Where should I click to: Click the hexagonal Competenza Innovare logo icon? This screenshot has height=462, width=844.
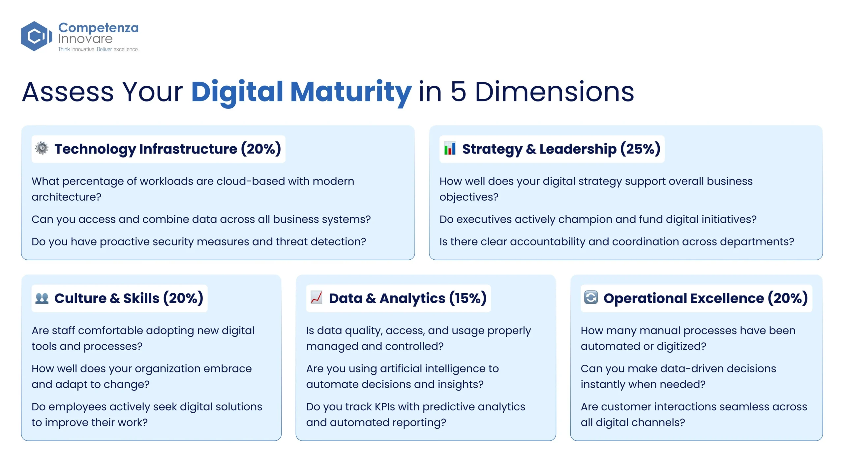37,36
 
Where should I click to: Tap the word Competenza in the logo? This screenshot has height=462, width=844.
98,28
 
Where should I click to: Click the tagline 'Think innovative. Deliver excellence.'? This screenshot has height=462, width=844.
98,49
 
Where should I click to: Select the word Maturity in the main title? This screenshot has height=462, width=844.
351,92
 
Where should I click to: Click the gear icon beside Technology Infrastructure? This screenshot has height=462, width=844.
42,148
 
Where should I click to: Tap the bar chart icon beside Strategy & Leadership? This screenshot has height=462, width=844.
450,148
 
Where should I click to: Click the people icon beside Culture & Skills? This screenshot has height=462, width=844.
42,298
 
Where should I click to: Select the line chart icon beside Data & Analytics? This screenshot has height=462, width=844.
316,298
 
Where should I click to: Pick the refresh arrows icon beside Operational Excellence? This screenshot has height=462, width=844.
591,297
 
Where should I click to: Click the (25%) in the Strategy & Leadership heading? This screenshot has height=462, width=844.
640,149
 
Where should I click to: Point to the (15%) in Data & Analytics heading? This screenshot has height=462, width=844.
468,298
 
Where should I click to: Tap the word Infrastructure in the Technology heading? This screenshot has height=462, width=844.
188,149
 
